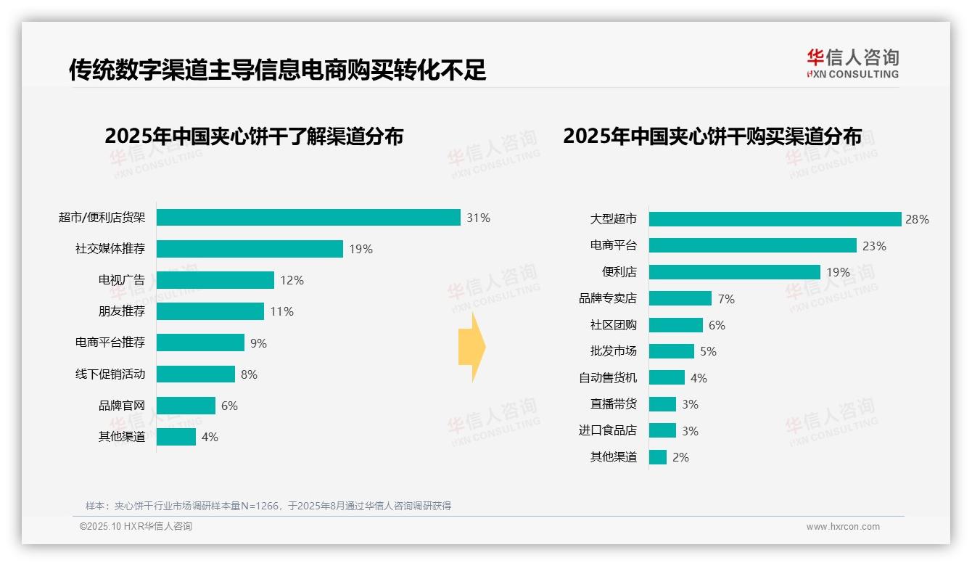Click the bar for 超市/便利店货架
308,218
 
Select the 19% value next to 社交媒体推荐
361,249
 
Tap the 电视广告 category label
122,280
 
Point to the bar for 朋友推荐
210,311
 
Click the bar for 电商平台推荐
200,343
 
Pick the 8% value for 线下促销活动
249,374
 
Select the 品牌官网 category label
122,406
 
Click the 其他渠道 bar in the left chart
176,437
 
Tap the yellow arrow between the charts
471,348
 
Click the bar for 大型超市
775,219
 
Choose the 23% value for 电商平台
874,246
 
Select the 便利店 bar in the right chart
734,272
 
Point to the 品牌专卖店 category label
607,298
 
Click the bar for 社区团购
675,325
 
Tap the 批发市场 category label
613,351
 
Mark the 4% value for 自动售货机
699,378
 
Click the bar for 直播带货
662,404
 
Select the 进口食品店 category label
607,430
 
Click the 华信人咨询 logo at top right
852,63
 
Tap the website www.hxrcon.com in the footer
843,527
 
